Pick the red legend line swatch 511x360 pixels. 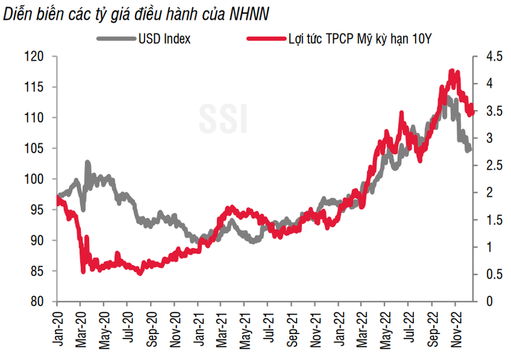(264, 39)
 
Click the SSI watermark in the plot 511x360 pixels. (223, 117)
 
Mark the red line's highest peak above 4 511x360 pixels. (452, 71)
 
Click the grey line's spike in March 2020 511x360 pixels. (87, 163)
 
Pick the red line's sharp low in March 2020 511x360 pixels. (83, 272)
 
